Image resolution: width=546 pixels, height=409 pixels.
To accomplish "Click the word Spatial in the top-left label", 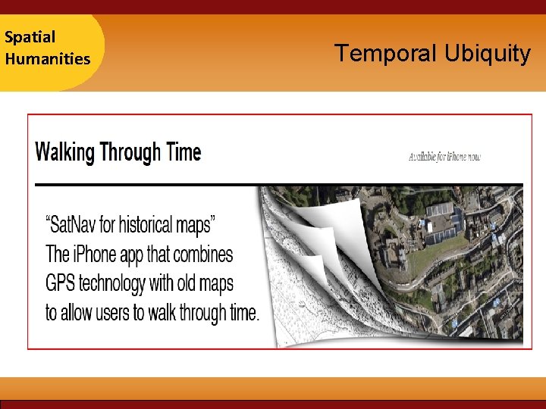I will click(30, 36).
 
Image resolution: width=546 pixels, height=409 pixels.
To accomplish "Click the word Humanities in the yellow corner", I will click(47, 58).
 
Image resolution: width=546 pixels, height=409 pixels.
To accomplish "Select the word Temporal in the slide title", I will click(385, 54).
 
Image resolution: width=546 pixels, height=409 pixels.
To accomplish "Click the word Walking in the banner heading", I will click(65, 152).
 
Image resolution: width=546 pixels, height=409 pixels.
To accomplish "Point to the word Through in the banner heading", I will click(130, 152).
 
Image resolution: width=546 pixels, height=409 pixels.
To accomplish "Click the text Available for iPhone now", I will click(444, 158).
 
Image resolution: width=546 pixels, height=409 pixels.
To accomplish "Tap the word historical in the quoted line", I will click(150, 225).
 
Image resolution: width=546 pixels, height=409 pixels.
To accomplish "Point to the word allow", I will click(80, 312).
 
